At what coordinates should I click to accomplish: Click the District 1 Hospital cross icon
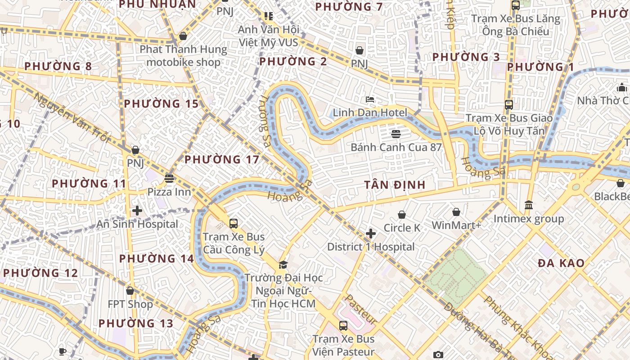[371, 234]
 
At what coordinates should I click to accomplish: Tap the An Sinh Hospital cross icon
[137, 210]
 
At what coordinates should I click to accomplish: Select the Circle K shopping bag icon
[402, 215]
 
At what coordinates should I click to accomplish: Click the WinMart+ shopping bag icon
[456, 212]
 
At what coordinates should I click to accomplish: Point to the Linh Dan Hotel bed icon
[370, 99]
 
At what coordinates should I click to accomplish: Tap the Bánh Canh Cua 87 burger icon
[396, 134]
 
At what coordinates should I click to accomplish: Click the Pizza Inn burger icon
[169, 179]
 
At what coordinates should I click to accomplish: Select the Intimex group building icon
[529, 205]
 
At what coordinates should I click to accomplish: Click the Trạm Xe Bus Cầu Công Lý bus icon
[233, 223]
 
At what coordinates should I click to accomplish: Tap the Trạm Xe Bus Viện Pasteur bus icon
[343, 325]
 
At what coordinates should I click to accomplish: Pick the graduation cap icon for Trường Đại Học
[283, 265]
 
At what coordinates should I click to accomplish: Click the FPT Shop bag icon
[130, 291]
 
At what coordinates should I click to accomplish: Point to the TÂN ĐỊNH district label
[395, 185]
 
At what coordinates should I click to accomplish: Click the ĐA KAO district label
[561, 263]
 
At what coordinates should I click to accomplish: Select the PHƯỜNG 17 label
[222, 159]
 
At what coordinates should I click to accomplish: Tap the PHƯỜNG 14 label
[156, 258]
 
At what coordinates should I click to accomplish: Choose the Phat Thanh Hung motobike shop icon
[183, 36]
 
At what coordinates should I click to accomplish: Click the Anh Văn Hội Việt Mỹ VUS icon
[269, 17]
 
